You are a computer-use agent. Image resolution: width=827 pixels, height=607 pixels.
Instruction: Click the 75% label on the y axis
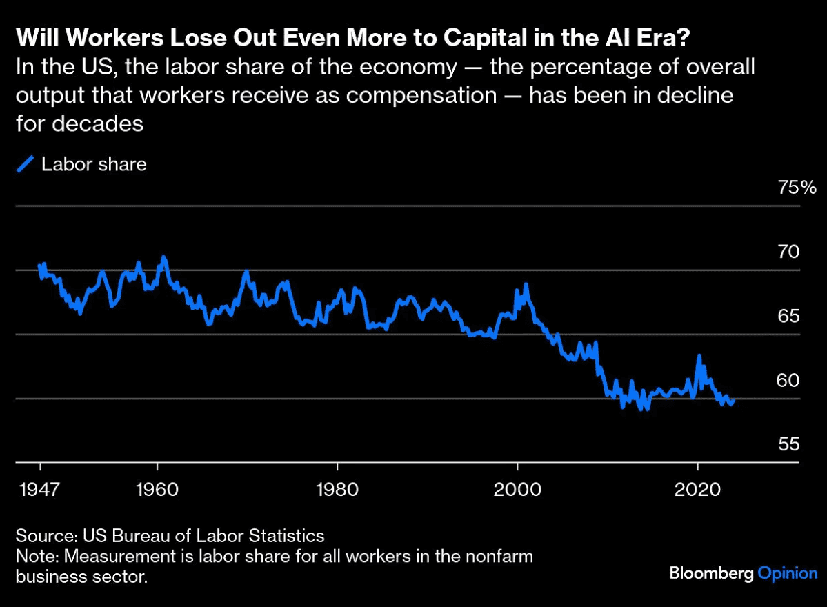797,188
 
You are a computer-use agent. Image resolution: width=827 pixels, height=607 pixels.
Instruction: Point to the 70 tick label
789,252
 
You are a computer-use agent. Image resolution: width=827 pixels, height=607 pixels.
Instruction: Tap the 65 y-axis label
789,317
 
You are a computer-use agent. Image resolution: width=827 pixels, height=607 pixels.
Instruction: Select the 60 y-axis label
789,380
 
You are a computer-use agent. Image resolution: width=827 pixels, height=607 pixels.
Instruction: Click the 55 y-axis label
789,444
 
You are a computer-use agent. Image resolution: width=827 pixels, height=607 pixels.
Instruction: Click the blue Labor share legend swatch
26,165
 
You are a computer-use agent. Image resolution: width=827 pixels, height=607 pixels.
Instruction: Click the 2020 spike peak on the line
699,356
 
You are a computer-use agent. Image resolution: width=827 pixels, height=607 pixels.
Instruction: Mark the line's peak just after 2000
526,284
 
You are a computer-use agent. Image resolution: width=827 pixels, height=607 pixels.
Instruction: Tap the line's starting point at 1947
40,266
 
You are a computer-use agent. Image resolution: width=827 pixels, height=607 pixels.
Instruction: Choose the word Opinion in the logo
788,573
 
